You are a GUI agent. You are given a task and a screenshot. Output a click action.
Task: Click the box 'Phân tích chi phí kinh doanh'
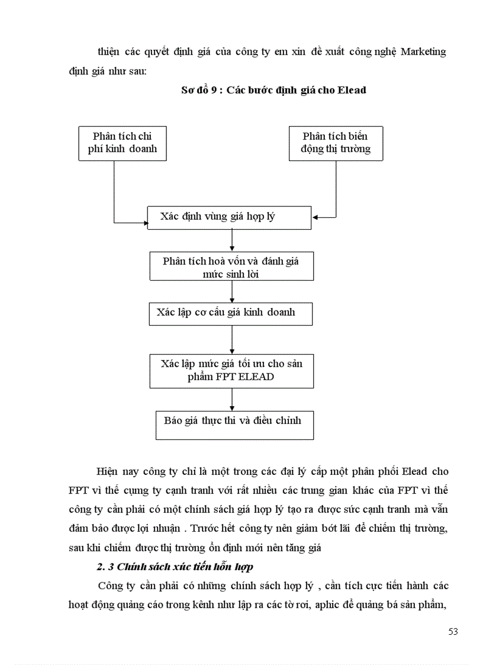click(123, 143)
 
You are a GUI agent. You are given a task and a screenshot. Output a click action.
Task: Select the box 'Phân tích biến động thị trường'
click(336, 143)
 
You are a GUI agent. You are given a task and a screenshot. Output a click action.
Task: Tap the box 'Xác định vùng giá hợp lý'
click(229, 217)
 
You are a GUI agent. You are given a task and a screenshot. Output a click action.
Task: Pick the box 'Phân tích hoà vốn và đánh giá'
click(231, 266)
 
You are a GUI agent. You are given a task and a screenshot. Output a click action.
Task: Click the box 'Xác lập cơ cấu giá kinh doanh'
click(230, 313)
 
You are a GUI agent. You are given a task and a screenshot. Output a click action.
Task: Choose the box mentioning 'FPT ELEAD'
click(231, 370)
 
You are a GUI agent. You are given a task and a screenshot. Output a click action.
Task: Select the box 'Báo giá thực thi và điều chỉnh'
click(234, 425)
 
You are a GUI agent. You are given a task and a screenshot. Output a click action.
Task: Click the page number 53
click(453, 631)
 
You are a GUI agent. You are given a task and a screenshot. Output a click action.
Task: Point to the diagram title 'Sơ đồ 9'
click(201, 91)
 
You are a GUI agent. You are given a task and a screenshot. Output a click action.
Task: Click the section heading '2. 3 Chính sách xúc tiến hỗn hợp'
click(175, 567)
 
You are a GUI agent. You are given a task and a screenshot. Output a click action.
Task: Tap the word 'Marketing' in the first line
click(423, 52)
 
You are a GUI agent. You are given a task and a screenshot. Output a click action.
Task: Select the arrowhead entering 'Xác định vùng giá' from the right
click(315, 217)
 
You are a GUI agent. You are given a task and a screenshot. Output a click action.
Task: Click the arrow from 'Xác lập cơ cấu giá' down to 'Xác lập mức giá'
click(231, 340)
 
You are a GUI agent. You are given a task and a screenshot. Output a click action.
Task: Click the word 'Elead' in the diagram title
click(353, 91)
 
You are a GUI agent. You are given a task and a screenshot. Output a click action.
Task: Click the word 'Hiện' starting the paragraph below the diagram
click(108, 472)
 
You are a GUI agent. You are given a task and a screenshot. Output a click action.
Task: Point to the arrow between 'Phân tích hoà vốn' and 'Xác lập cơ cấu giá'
click(231, 291)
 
